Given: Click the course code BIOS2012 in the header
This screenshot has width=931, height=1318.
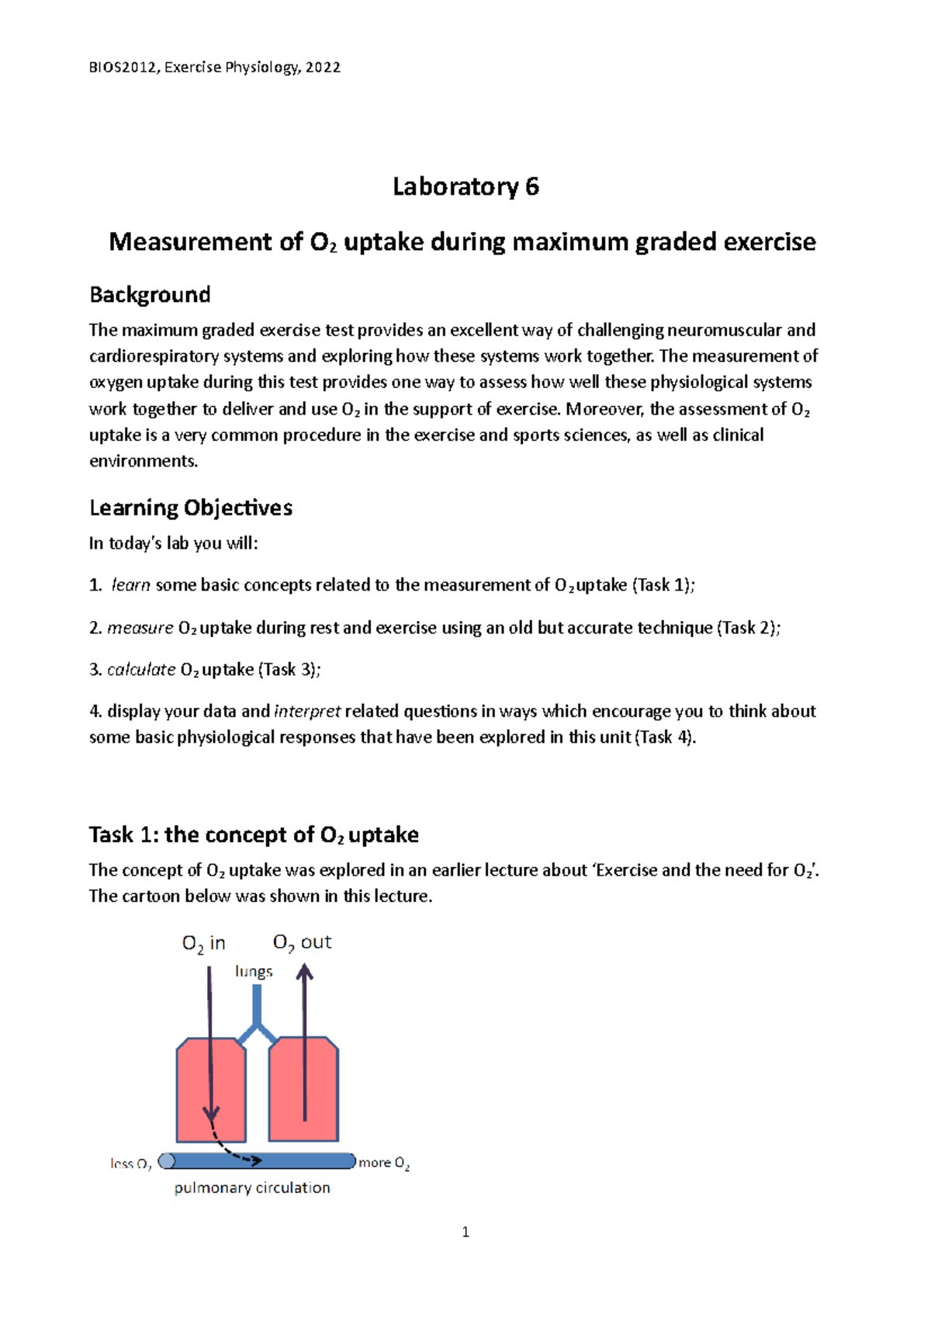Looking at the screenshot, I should (124, 68).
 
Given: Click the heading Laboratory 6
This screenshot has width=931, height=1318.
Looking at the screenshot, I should (465, 186).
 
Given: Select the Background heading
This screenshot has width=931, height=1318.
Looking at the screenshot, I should (150, 295).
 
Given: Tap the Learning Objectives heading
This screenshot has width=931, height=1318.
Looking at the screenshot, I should (191, 508).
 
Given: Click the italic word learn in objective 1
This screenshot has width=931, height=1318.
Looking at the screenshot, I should (130, 585).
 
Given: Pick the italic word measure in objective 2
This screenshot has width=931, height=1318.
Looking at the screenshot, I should (140, 628).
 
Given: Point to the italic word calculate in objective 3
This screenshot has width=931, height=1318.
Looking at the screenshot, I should (141, 670).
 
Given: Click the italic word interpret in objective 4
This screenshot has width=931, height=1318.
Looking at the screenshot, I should (307, 712).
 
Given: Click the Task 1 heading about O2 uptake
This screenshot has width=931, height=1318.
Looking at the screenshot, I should (254, 835).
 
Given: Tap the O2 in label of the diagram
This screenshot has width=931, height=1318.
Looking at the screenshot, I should (203, 944).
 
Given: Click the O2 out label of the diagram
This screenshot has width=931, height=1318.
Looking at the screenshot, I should (302, 943).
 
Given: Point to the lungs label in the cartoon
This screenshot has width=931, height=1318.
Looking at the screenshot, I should (254, 972).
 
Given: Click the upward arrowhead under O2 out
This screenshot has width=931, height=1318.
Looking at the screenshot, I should (305, 972).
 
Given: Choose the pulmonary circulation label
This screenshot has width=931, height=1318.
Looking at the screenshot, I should (252, 1188).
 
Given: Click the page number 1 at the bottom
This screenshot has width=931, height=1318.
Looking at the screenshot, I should (465, 1233).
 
